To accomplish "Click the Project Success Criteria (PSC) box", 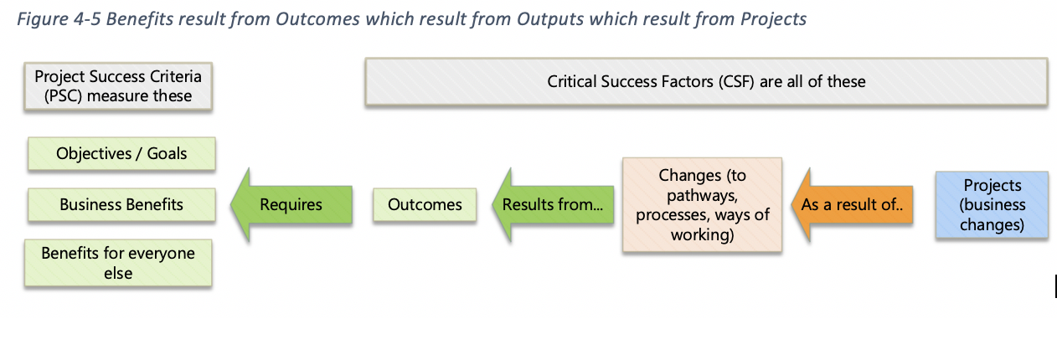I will coord(118,86).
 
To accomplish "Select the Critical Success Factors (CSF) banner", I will coord(705,82).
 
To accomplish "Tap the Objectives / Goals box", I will coord(121,154).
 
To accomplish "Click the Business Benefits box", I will coord(121,204).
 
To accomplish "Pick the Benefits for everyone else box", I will coord(118,263).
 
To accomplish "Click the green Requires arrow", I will coord(289,204).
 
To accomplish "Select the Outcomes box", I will coord(425,204).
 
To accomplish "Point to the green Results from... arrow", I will coord(553,204).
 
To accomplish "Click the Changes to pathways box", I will coord(702,205).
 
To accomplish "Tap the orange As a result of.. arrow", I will coord(850,204).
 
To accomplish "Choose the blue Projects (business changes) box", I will coord(992,205).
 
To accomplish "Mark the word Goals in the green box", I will coord(166,154).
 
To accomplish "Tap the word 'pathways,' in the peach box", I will coord(702,195).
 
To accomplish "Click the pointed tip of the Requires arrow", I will coord(232,204).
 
